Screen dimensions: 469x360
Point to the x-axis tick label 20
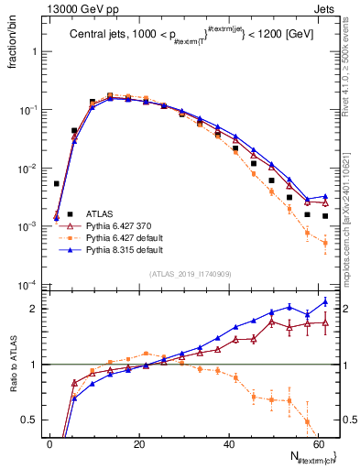tap(138, 444)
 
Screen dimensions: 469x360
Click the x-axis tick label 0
tap(49, 444)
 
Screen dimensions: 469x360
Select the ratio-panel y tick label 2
tap(34, 309)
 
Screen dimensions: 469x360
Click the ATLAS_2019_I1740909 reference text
tap(190, 274)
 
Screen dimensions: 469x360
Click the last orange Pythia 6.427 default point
tap(325, 243)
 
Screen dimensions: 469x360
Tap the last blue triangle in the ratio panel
tap(325, 301)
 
